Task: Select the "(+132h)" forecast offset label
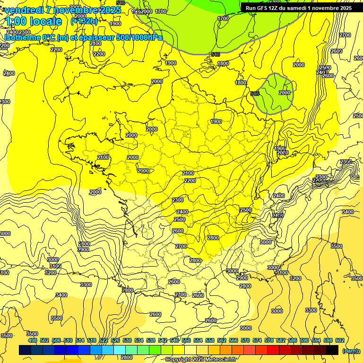click(x=84, y=21)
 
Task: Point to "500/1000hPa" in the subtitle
click(x=139, y=37)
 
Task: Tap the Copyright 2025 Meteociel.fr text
click(x=201, y=360)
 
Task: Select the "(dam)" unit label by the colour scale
click(x=350, y=351)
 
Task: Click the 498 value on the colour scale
click(x=33, y=341)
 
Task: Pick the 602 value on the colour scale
click(x=340, y=341)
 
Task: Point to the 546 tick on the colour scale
click(x=174, y=341)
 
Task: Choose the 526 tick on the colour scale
click(x=115, y=341)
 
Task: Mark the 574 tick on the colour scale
click(x=257, y=341)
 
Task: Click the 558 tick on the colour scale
click(x=210, y=341)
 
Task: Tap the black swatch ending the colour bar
click(x=332, y=350)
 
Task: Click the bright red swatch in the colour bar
click(x=273, y=350)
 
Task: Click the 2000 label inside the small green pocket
click(x=285, y=93)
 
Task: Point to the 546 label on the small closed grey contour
click(x=255, y=94)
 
